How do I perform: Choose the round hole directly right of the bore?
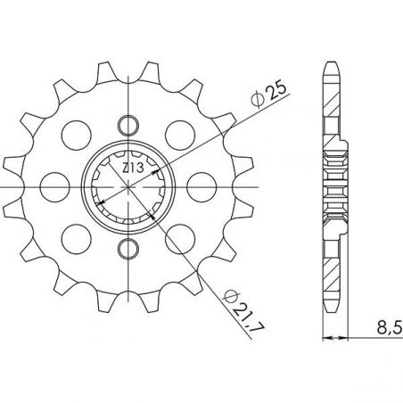(200, 185)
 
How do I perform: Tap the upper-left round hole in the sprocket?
(74, 133)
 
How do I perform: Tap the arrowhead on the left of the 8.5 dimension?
(325, 339)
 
